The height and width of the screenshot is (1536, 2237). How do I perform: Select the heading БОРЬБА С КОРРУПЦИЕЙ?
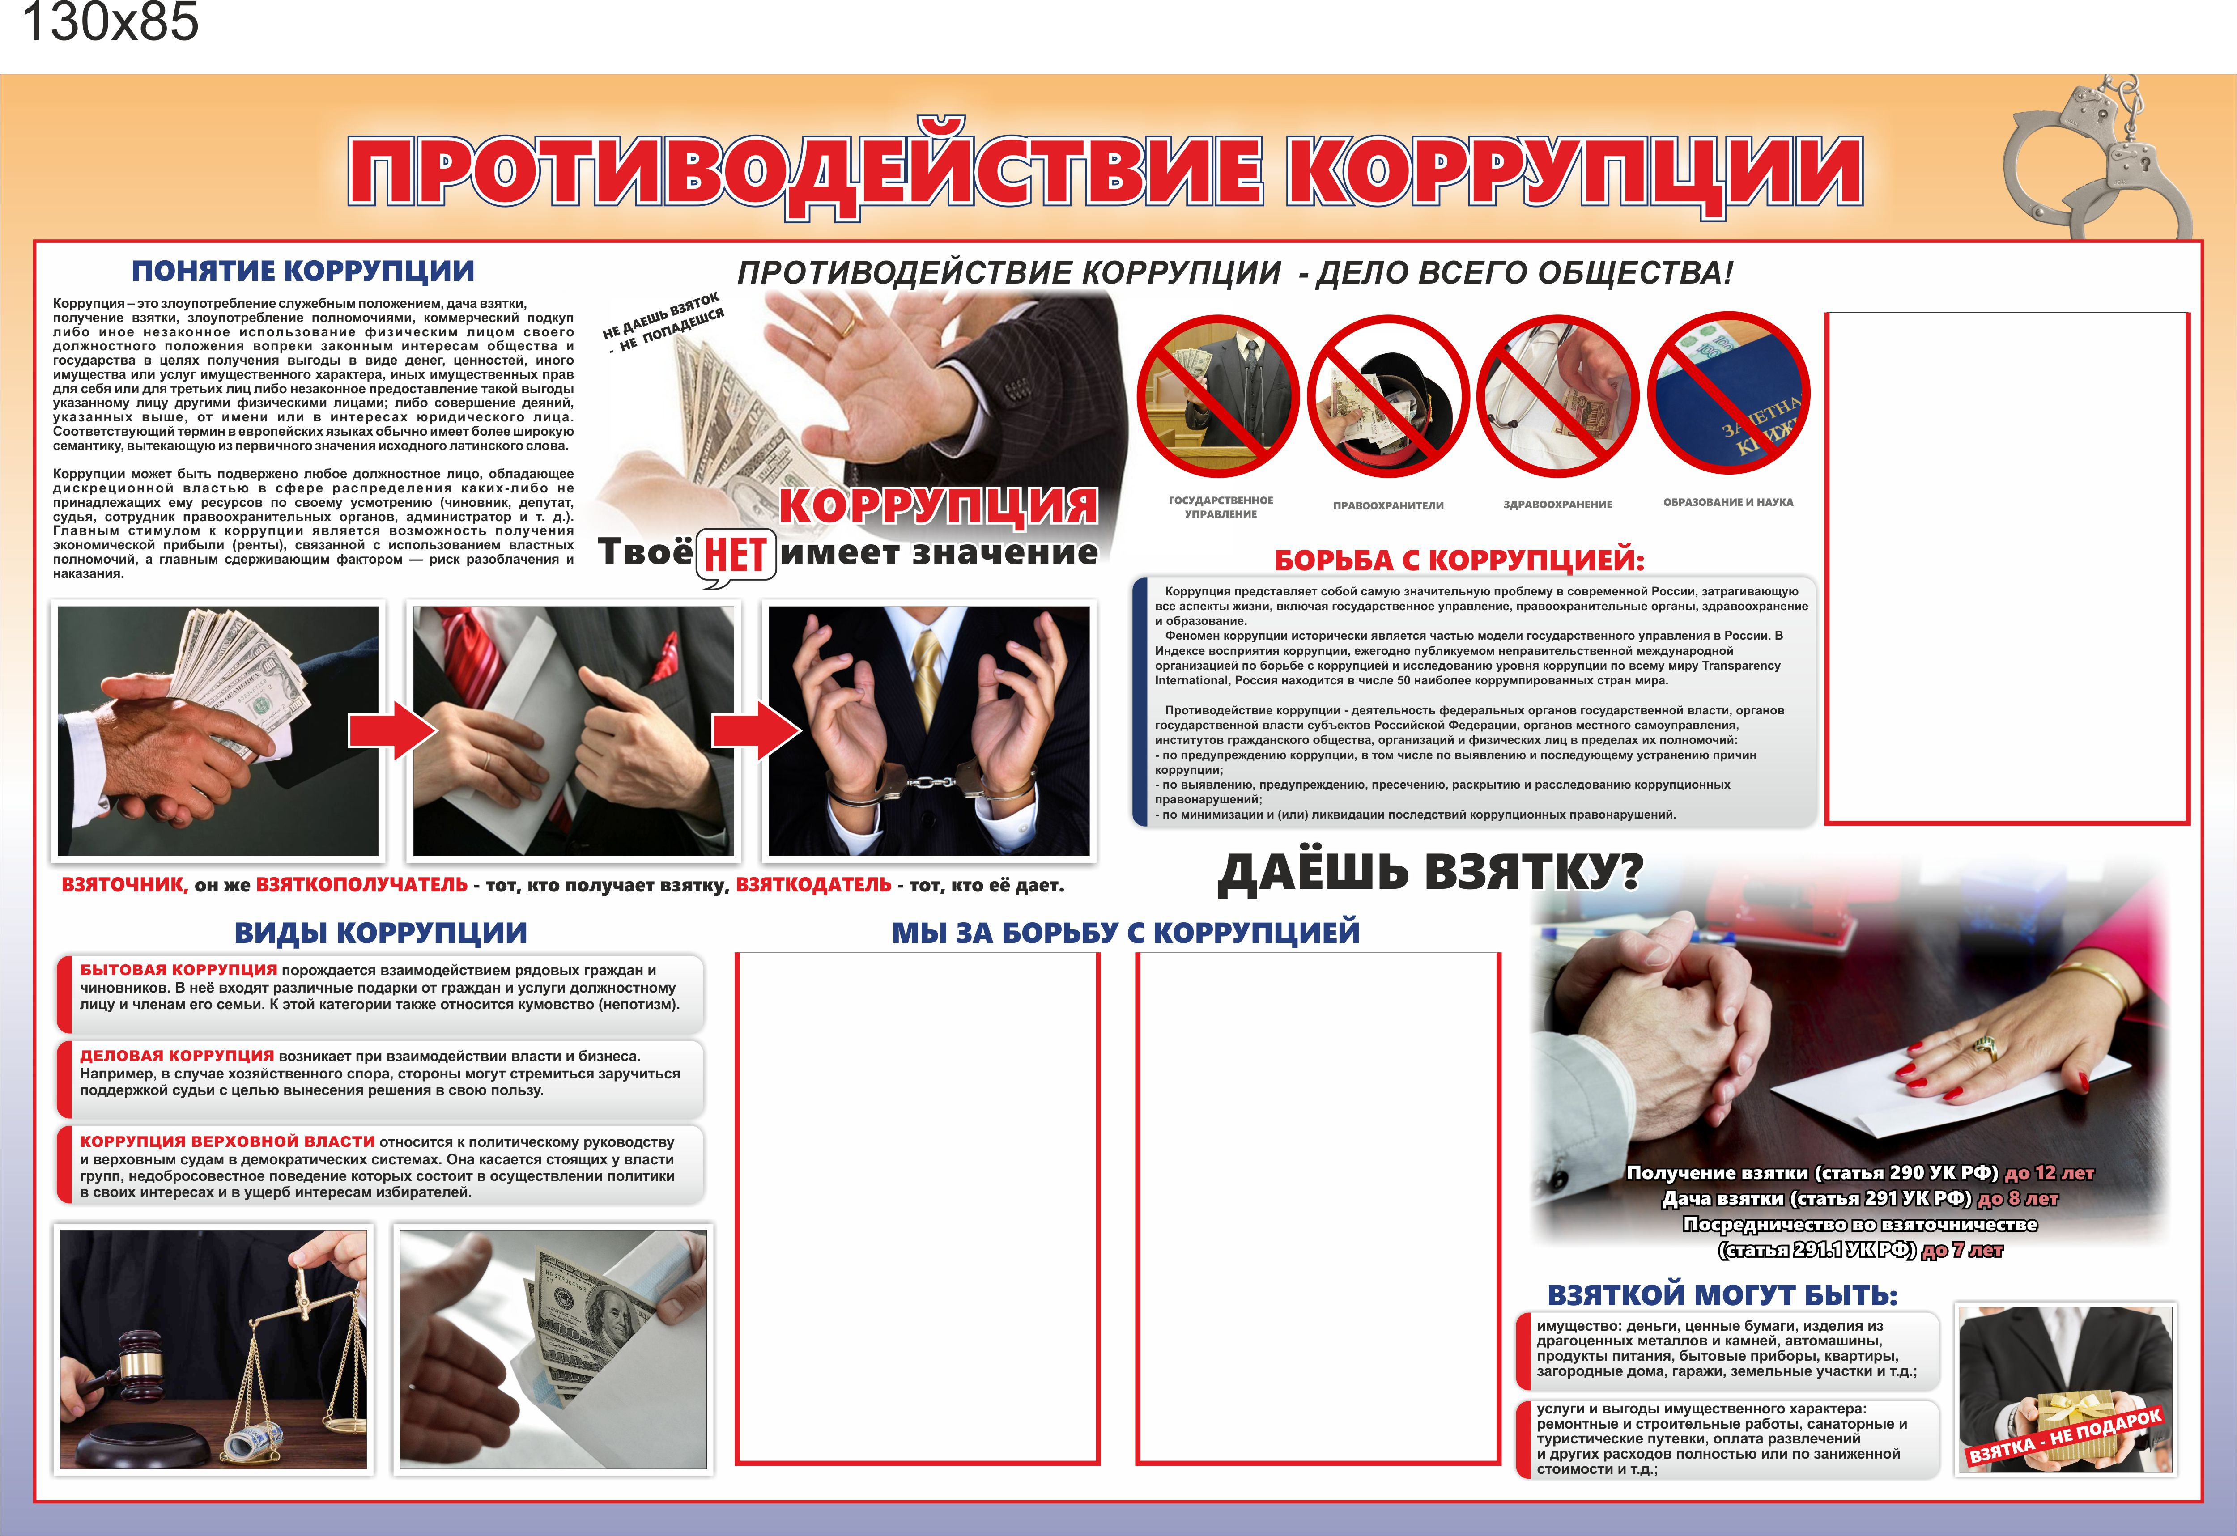click(1459, 560)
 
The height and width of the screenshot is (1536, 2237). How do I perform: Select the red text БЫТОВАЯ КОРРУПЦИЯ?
click(178, 970)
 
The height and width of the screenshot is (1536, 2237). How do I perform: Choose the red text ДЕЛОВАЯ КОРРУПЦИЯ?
click(176, 1056)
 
